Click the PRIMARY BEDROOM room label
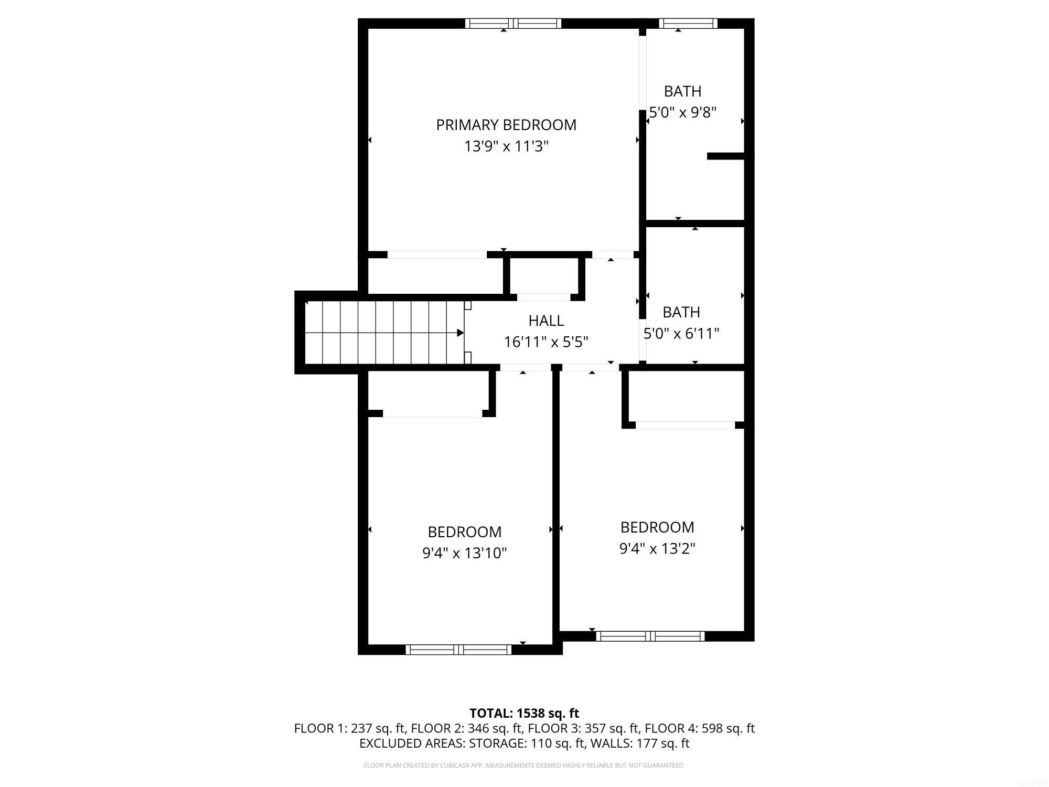(506, 125)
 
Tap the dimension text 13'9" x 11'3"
(506, 146)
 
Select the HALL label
(546, 321)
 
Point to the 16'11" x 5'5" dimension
(546, 342)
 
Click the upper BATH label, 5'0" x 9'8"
(682, 91)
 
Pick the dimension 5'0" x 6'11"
(681, 334)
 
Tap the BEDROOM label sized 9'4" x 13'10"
(465, 532)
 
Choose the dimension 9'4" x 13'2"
(657, 549)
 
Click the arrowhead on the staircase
(460, 333)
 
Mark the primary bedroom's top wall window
(513, 23)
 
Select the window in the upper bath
(688, 23)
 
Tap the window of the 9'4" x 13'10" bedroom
(458, 650)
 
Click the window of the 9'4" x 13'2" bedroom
(650, 636)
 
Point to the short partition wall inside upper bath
(726, 156)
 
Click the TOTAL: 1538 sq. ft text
(524, 713)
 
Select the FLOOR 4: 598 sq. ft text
(699, 728)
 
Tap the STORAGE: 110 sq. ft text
(527, 743)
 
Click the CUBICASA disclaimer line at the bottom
(524, 765)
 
